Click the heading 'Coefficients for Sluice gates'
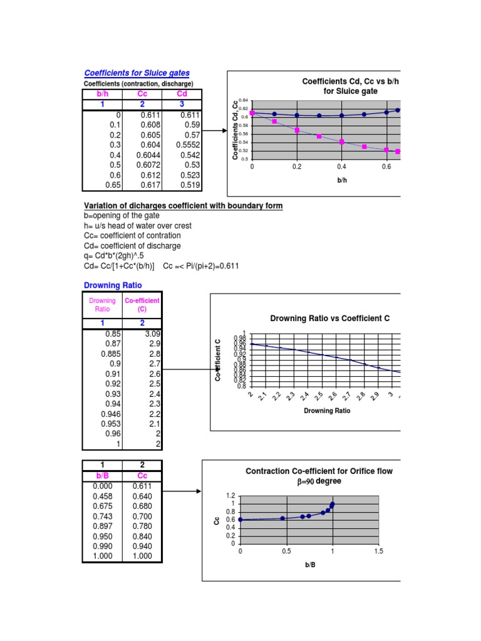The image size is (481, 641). (137, 73)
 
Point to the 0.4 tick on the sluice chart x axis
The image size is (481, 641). (341, 167)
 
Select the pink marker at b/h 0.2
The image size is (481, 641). (297, 130)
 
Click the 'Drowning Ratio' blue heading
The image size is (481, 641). (113, 285)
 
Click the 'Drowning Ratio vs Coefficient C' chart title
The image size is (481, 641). (329, 318)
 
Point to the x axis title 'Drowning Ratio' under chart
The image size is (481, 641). (327, 411)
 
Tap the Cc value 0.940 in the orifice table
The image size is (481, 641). (142, 546)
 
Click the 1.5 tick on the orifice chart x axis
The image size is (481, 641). (378, 551)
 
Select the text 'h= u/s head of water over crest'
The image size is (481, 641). (138, 225)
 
